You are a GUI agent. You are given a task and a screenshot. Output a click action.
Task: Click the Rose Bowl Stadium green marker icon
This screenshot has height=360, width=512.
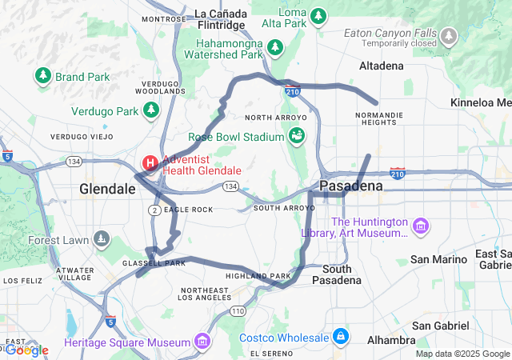[297, 136]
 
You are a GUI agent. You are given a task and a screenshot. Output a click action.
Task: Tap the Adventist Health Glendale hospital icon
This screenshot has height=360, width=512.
[150, 164]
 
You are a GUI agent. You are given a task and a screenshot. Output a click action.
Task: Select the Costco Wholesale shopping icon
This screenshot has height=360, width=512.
[341, 336]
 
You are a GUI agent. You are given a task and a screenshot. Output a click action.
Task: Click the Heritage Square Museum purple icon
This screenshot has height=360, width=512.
[202, 342]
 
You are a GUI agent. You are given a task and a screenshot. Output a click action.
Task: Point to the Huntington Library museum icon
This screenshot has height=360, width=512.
[421, 227]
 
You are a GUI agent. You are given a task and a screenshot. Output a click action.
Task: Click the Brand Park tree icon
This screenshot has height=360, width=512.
[42, 77]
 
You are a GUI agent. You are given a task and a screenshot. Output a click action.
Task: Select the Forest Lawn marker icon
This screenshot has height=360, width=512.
[102, 240]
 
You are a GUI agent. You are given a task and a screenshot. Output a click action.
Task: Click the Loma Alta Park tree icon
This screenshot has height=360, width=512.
[318, 16]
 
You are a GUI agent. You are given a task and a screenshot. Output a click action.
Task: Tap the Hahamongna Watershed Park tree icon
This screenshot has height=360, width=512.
[275, 47]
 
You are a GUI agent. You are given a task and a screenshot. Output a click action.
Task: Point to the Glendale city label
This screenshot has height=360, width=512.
[107, 189]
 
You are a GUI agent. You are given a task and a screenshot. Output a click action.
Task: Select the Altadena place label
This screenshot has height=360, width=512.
[382, 66]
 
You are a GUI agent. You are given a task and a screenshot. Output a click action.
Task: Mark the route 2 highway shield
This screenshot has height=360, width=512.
[153, 210]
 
